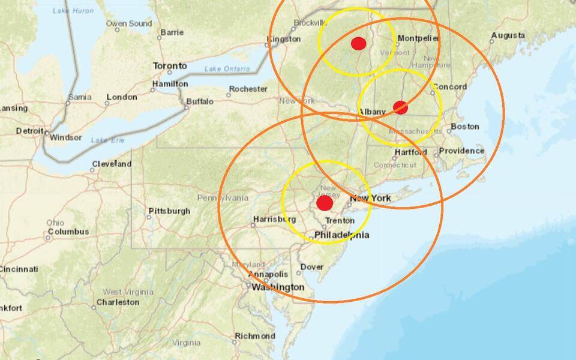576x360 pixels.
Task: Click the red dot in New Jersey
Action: point(325,203)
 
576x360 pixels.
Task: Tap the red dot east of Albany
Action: point(400,107)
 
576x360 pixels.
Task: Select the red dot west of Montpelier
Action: point(358,43)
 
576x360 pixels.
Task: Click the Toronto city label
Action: point(169,66)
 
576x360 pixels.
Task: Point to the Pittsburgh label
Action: point(169,211)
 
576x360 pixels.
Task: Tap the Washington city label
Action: point(278,287)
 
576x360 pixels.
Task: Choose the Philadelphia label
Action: point(341,235)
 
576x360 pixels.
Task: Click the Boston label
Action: point(465,127)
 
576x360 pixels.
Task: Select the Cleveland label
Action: point(112,164)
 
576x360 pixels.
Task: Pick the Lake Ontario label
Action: point(227,69)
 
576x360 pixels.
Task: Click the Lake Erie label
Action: point(104,140)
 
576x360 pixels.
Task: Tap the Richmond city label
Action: point(255,336)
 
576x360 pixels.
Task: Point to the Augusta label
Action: point(508,36)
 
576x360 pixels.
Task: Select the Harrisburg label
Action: point(272,219)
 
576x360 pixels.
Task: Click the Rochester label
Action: point(248,89)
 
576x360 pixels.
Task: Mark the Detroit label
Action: point(29,131)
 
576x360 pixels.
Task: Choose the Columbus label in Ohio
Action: point(68,232)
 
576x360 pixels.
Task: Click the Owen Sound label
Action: point(129,23)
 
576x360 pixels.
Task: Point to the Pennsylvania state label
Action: point(223,197)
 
